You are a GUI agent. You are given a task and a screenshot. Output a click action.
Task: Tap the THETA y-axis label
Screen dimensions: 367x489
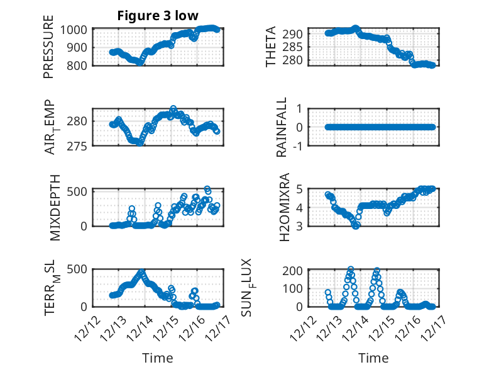[x=271, y=47]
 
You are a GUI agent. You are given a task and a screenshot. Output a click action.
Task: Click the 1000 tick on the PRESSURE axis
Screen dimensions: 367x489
[x=76, y=30]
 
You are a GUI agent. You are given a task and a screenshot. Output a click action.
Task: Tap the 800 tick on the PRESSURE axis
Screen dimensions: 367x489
[x=79, y=65]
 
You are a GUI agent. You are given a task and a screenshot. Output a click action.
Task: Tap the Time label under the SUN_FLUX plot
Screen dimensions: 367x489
[x=373, y=358]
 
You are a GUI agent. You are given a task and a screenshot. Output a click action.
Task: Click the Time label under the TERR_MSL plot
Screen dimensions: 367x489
[x=157, y=358]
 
